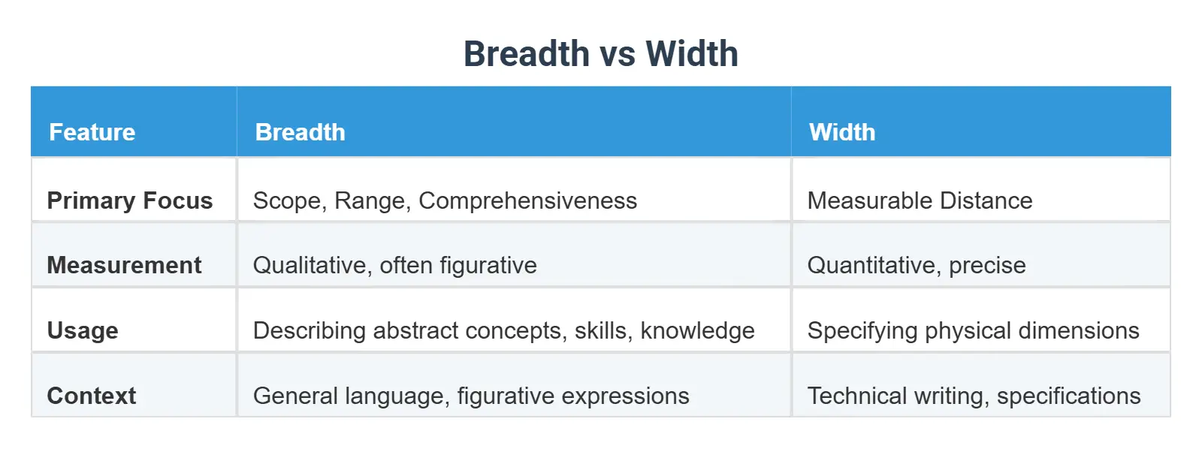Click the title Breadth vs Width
coord(600,54)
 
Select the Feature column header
coord(92,132)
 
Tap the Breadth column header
coord(300,132)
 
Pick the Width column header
coord(842,132)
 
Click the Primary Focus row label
coord(130,200)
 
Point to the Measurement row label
coord(124,265)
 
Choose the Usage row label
coord(83,330)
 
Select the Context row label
coord(92,396)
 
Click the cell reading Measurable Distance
coord(920,200)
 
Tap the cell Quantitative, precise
coord(917,265)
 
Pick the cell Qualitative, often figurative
coord(395,265)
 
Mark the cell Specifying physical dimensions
coord(973,330)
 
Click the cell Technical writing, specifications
coord(974,396)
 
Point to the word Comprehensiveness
coord(527,200)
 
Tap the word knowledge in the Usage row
coord(697,330)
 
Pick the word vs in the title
coord(618,54)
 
